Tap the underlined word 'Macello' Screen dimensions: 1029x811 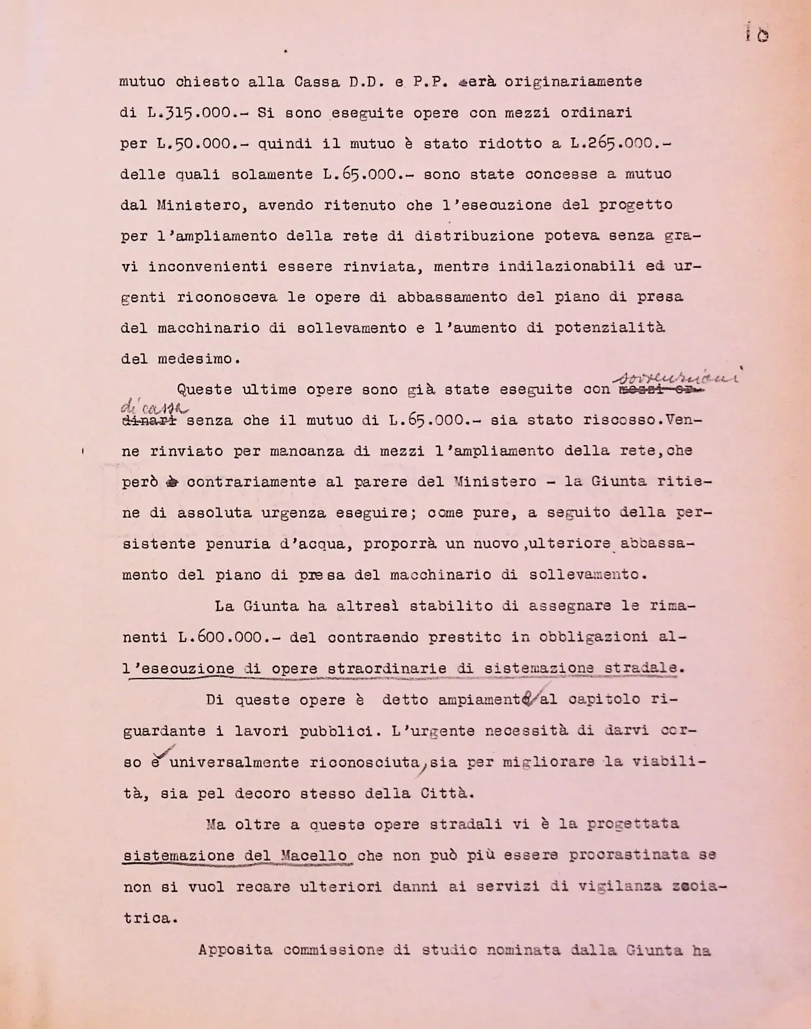[314, 856]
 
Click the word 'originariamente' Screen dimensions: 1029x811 [573, 82]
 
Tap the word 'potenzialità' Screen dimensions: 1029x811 [609, 328]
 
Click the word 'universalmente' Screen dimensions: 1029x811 [234, 763]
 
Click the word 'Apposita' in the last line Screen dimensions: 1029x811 [235, 950]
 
